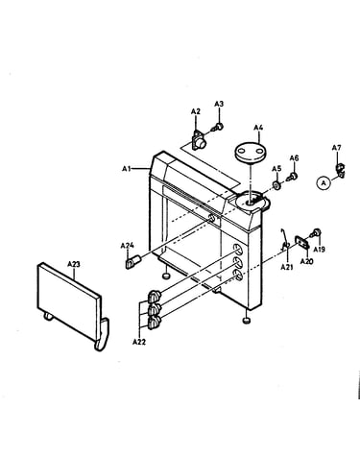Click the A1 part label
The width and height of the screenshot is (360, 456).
click(127, 168)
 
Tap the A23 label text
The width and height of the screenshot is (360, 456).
click(74, 264)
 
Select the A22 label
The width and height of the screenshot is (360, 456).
click(139, 342)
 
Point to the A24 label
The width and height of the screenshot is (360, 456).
click(127, 246)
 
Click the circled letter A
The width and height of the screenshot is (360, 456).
click(324, 183)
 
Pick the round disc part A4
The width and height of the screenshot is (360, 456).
click(251, 152)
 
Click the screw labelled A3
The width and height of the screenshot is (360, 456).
click(218, 127)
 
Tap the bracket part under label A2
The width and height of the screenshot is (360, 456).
click(199, 141)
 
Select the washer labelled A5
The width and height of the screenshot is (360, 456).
click(276, 185)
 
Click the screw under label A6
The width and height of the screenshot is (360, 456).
click(293, 177)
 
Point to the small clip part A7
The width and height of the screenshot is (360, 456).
click(340, 170)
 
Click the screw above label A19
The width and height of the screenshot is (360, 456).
click(316, 232)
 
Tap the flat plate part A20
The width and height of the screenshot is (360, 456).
click(302, 242)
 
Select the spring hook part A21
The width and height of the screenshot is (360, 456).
click(284, 240)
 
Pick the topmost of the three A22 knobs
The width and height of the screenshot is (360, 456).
click(154, 296)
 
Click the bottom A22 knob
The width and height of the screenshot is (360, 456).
click(154, 323)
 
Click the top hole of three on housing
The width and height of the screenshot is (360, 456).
click(238, 250)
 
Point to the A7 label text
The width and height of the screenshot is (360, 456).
click(336, 148)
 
